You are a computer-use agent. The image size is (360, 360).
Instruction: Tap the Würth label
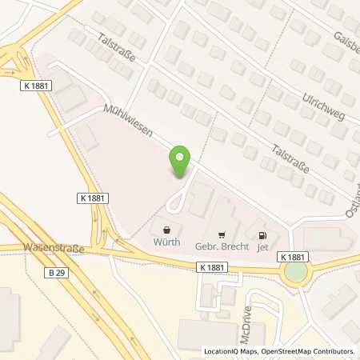pyautogui.click(x=167, y=242)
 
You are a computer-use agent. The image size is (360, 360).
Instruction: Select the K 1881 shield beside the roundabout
pyautogui.click(x=294, y=256)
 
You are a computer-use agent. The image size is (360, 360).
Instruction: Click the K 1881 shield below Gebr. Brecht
pyautogui.click(x=213, y=268)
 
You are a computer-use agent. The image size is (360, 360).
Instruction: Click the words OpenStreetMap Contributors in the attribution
pyautogui.click(x=314, y=351)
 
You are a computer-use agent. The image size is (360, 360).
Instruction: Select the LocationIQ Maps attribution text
pyautogui.click(x=233, y=351)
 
